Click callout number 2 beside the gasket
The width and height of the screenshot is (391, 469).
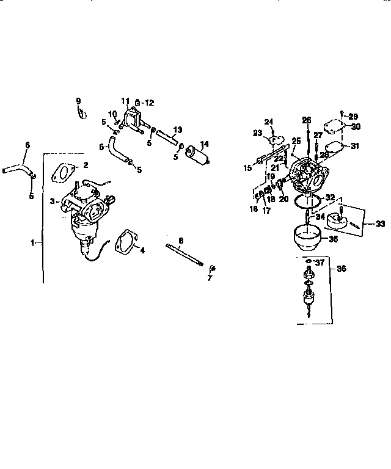point(86,164)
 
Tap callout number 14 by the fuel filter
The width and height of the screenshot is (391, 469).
point(204,144)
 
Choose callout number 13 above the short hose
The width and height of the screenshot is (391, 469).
point(177,129)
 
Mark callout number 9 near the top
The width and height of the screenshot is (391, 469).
point(78,100)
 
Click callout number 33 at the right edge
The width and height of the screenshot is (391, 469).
point(381,224)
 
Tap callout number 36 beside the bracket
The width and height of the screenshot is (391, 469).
point(341,267)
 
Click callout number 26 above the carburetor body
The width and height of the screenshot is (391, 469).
point(306,119)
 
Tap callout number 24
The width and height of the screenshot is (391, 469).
point(269,121)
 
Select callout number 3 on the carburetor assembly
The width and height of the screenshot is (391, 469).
point(53,200)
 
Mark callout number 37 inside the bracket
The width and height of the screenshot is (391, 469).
point(320,263)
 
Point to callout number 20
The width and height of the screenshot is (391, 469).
point(283,198)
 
